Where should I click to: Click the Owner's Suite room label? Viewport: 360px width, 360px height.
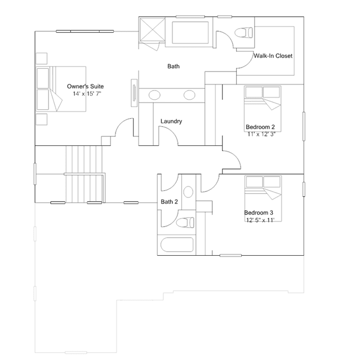click(85, 86)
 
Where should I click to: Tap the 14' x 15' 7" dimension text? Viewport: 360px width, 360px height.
click(87, 94)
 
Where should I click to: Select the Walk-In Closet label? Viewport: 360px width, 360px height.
click(273, 56)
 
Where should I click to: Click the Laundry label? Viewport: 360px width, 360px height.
click(171, 121)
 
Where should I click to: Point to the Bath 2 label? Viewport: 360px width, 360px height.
click(169, 202)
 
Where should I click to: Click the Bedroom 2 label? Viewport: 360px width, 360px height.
click(260, 127)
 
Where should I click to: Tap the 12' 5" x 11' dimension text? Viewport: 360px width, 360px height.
click(260, 220)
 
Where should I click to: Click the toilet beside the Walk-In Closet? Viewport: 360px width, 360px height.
click(244, 32)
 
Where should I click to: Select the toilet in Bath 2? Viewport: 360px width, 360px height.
click(185, 223)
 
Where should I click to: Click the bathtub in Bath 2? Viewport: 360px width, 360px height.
click(177, 245)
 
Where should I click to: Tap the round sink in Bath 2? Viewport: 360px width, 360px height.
click(188, 192)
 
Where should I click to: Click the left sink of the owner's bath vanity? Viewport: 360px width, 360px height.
click(154, 95)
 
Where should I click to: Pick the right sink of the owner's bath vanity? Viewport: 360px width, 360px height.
click(189, 95)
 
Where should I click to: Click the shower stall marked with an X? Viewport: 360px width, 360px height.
click(153, 29)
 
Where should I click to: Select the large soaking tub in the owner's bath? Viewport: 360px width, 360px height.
click(190, 32)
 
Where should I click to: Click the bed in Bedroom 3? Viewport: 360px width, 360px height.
click(263, 198)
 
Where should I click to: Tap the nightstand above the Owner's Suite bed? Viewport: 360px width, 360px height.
click(42, 59)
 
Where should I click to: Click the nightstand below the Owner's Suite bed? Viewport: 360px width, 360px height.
click(42, 119)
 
